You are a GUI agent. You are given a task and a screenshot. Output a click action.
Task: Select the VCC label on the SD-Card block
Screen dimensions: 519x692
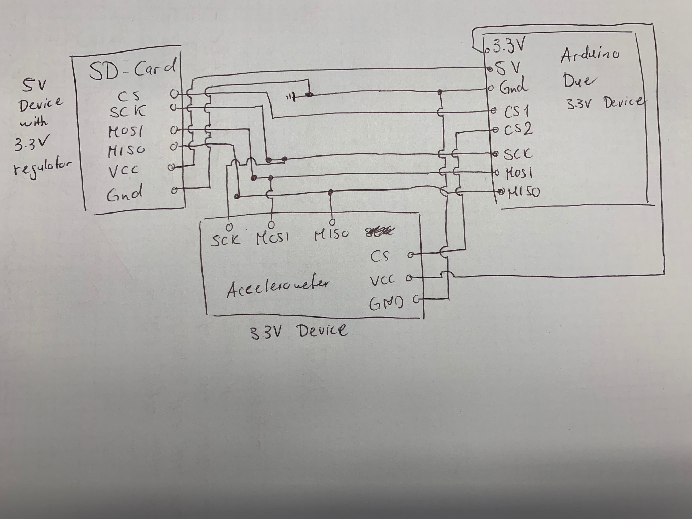pos(124,171)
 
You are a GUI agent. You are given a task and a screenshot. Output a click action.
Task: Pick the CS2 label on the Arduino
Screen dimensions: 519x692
pos(518,129)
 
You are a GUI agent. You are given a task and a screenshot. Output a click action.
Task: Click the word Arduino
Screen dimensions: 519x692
pos(589,55)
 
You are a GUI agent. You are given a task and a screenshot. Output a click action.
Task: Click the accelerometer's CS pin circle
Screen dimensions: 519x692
pos(410,255)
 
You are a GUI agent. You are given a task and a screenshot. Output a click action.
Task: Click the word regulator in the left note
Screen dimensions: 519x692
pos(43,167)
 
